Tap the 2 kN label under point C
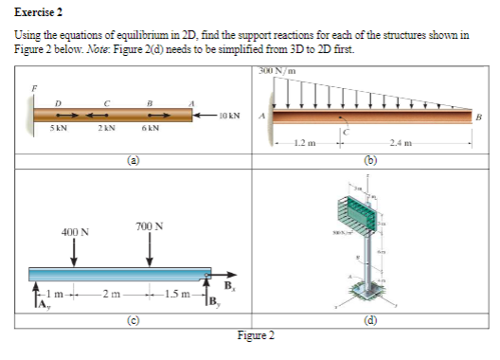pyautogui.click(x=108, y=131)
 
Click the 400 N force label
pyautogui.click(x=75, y=231)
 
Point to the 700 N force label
pyautogui.click(x=149, y=226)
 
